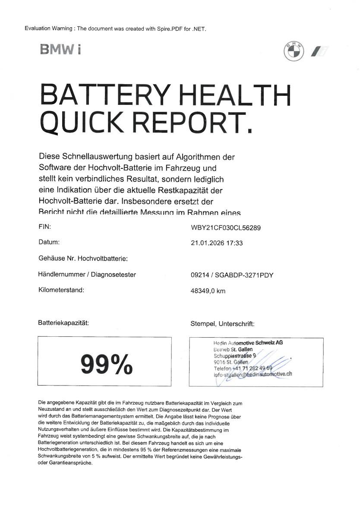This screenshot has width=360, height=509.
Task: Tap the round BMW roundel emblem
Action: pyautogui.click(x=294, y=51)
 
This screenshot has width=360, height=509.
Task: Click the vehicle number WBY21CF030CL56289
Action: pyautogui.click(x=225, y=228)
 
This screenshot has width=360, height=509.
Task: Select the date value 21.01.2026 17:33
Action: pyautogui.click(x=217, y=243)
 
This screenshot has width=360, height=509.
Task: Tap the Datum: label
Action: pyautogui.click(x=49, y=242)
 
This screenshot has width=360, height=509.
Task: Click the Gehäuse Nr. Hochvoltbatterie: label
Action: pyautogui.click(x=83, y=259)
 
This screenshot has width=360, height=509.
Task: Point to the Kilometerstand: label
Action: pyautogui.click(x=61, y=290)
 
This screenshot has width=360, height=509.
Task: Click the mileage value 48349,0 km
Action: pyautogui.click(x=208, y=291)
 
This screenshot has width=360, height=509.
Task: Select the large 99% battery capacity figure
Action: pyautogui.click(x=106, y=364)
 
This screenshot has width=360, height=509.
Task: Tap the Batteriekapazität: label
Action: pyautogui.click(x=63, y=322)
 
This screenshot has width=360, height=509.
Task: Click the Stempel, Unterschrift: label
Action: pyautogui.click(x=222, y=323)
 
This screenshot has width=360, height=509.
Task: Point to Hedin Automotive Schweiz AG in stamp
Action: pyautogui.click(x=248, y=343)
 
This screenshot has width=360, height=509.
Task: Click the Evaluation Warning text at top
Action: pyautogui.click(x=116, y=28)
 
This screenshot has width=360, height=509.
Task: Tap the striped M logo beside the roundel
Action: pyautogui.click(x=319, y=51)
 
